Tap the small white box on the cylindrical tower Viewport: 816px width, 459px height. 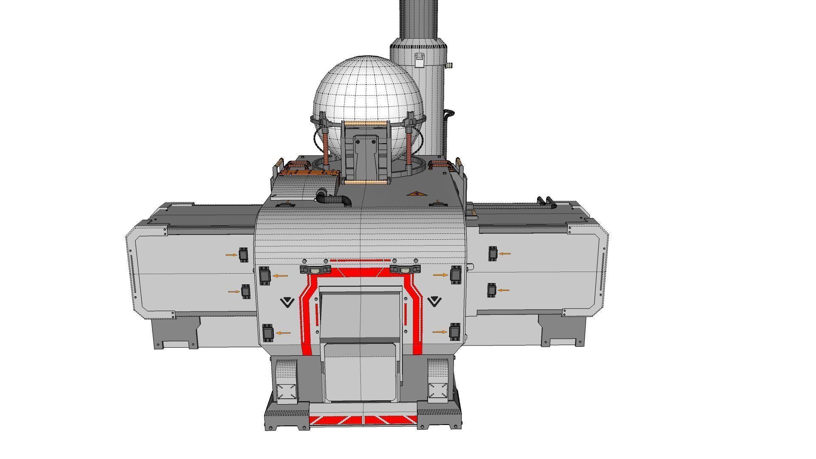coord(419,60)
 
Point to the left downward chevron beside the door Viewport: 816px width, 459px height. coord(287,302)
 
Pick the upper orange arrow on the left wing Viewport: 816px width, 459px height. coord(231,255)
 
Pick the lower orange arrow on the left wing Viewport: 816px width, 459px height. coord(234,292)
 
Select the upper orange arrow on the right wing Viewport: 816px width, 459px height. coord(505,254)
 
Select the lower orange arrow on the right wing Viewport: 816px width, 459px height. coord(504,290)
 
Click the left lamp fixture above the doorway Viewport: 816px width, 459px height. coord(315,270)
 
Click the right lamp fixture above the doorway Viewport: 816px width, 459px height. coord(405,269)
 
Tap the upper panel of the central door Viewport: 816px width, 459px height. coord(360,314)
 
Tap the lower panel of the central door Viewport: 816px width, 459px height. coord(360,372)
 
